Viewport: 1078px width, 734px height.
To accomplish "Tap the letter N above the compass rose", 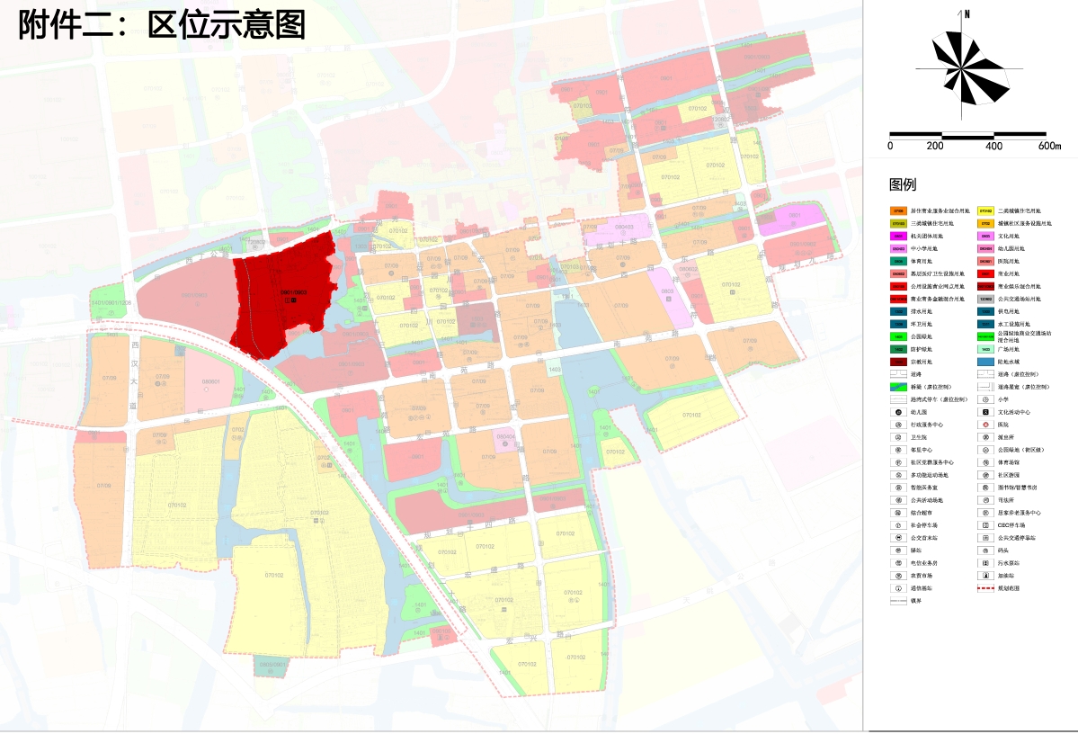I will click(x=967, y=14).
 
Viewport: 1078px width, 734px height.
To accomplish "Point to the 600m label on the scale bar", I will click(x=1049, y=146).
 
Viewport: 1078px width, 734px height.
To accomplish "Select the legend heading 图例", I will click(x=902, y=185).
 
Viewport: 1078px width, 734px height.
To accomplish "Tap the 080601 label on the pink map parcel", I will click(x=210, y=381).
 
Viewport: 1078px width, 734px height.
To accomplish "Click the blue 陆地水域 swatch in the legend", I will click(x=985, y=362).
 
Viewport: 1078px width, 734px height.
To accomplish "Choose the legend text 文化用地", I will click(x=1008, y=236).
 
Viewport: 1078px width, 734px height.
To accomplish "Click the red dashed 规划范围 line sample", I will click(x=985, y=588).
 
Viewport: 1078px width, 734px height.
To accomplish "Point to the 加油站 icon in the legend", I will click(x=985, y=576).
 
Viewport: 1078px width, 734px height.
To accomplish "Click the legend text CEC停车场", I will click(x=1014, y=525).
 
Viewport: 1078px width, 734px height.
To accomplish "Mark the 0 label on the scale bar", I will click(x=890, y=146).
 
